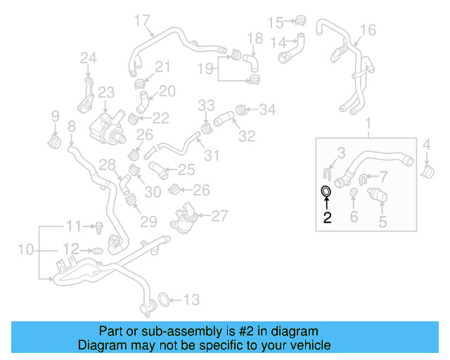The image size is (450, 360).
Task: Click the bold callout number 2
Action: coord(327,217)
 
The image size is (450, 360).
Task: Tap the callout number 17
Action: coord(142,20)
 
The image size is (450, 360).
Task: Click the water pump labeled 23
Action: coord(104,124)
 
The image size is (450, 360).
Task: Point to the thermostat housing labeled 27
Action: coord(186,215)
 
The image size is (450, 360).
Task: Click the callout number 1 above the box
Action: coord(366,125)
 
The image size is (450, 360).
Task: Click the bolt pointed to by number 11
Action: coord(99,226)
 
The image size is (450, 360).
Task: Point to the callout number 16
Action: coord(368,30)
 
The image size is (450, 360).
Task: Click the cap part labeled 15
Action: coord(300,20)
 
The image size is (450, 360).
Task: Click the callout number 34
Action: coord(268,110)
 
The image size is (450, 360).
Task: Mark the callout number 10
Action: coord(25,250)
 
